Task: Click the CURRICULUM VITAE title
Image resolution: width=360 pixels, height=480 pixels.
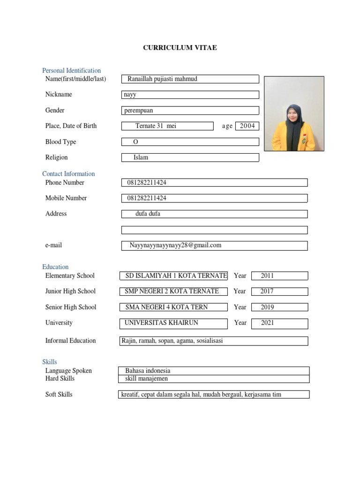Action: (x=180, y=47)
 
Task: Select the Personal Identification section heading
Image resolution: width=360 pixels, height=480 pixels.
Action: (x=71, y=70)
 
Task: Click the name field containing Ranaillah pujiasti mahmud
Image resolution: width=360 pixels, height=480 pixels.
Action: (x=190, y=79)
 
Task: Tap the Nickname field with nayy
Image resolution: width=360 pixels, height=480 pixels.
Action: (x=190, y=95)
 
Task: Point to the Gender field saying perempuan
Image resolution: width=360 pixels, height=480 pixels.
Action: (x=190, y=111)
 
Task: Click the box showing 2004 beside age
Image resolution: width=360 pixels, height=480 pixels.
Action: (x=247, y=126)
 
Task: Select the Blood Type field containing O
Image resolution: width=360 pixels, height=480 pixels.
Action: (x=190, y=142)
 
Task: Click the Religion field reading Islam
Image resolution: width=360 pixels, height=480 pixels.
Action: (x=190, y=157)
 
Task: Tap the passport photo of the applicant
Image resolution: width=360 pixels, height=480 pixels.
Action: (x=294, y=113)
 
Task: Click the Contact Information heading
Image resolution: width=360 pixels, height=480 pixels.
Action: (x=68, y=173)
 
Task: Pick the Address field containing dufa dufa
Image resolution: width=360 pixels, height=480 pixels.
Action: (x=214, y=214)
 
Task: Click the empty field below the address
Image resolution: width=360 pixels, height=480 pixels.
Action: (x=214, y=230)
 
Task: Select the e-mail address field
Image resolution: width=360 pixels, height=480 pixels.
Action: (x=214, y=245)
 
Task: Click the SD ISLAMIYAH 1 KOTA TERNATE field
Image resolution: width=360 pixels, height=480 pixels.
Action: (x=174, y=276)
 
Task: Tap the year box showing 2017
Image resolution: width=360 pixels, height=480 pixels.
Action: (x=279, y=291)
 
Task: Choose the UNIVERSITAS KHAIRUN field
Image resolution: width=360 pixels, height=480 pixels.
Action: (x=174, y=323)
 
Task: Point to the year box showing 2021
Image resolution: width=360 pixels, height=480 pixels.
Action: (x=279, y=323)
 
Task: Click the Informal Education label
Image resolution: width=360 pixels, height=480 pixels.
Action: (x=70, y=341)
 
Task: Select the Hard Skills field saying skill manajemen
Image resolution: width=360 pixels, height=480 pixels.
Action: (x=214, y=379)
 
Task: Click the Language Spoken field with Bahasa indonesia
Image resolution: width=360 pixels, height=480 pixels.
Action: (x=214, y=371)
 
